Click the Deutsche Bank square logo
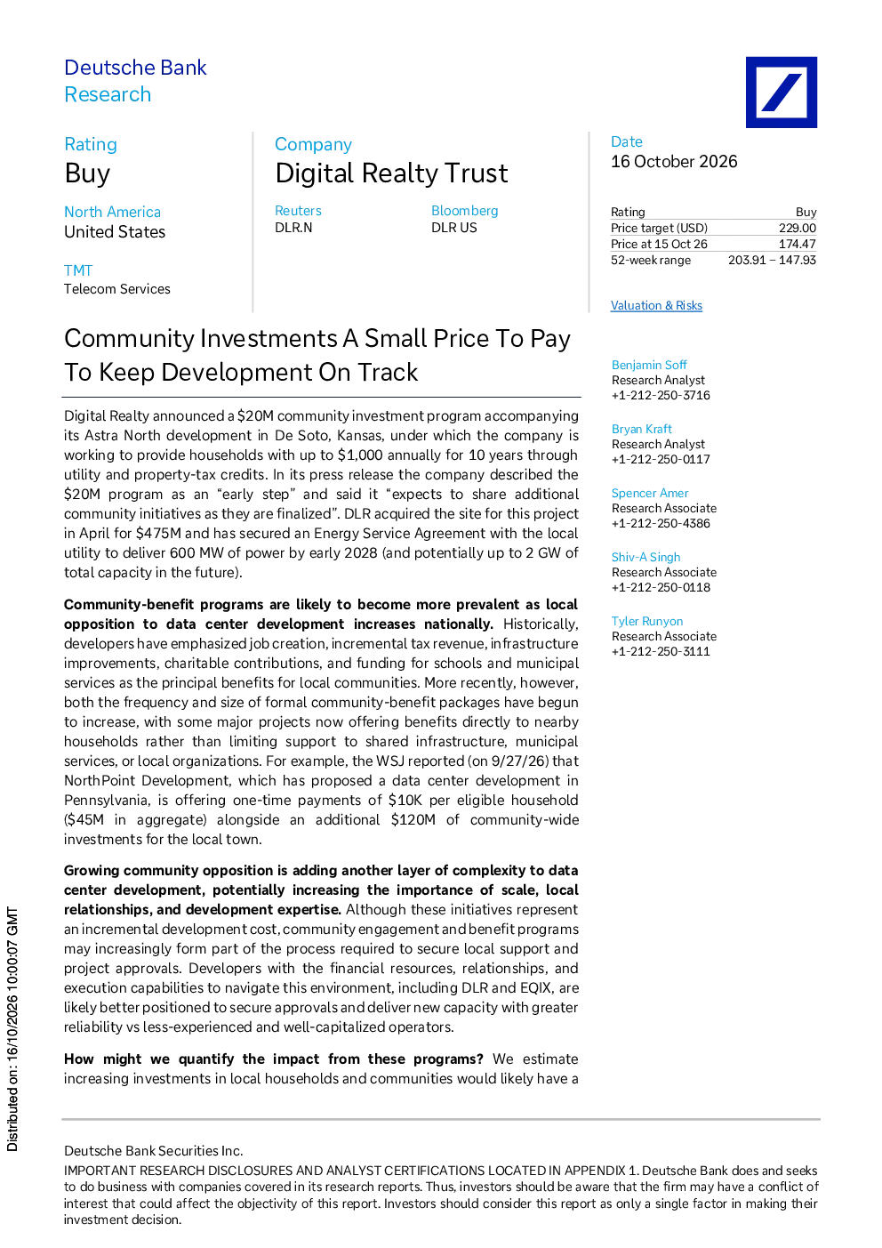782,92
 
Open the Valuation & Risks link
656,305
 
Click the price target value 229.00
798,228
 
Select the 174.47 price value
798,244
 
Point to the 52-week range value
772,261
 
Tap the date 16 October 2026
674,162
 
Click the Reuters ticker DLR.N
293,228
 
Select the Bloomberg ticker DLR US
453,228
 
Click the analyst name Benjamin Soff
649,365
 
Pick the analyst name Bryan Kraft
641,429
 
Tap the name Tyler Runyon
647,621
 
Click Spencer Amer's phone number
661,523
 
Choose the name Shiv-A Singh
645,557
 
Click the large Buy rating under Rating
87,173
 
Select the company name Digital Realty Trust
391,173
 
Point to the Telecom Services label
117,289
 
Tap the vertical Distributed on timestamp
12,1029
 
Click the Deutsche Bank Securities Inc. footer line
153,1150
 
